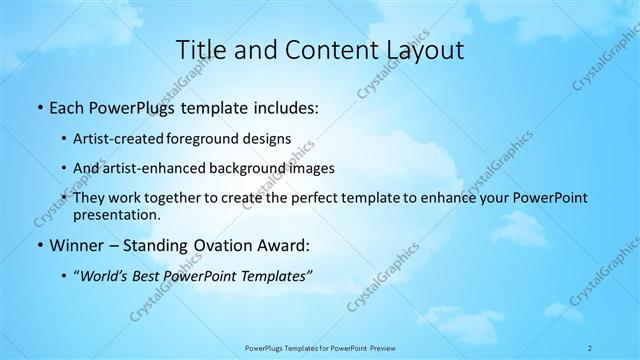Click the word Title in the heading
coord(201,49)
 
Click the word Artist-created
coord(117,138)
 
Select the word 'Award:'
coord(284,245)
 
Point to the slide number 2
coord(590,347)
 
